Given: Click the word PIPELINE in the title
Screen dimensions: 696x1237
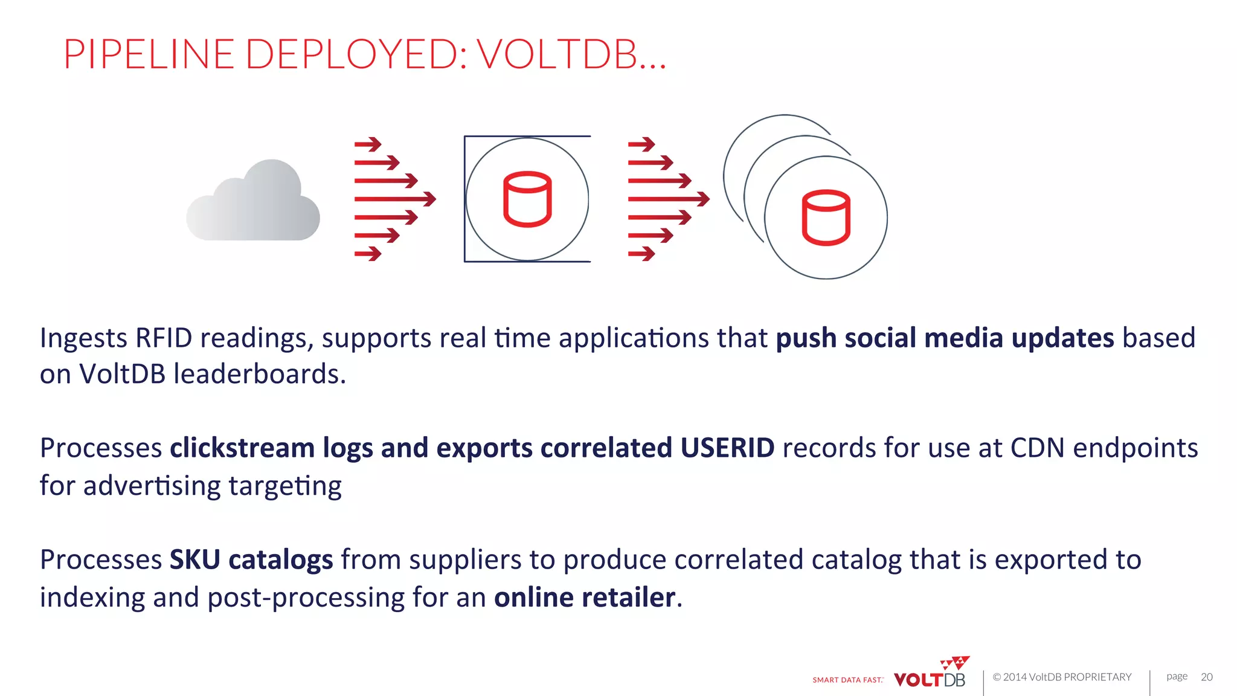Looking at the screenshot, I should pyautogui.click(x=149, y=54).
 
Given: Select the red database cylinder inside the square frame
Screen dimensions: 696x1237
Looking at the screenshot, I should pyautogui.click(x=527, y=199).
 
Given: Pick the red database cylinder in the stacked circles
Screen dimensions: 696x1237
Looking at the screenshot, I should pyautogui.click(x=826, y=217).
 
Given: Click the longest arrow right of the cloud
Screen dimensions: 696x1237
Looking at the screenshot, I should pyautogui.click(x=395, y=199).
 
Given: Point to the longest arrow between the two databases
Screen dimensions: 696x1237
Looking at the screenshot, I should pyautogui.click(x=669, y=199).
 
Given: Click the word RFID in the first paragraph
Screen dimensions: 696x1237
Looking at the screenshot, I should pyautogui.click(x=164, y=338).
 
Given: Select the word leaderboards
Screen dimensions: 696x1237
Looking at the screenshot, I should pyautogui.click(x=259, y=374).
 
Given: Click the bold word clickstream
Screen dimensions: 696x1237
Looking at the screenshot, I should pyautogui.click(x=242, y=448).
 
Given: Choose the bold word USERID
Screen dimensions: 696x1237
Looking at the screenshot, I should pyautogui.click(x=727, y=448).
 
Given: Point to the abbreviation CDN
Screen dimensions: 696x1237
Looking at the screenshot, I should pyautogui.click(x=1037, y=448).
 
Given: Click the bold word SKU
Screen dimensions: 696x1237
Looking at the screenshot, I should pyautogui.click(x=194, y=559).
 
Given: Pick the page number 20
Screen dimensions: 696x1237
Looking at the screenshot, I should pyautogui.click(x=1206, y=677).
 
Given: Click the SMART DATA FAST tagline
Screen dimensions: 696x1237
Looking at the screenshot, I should pyautogui.click(x=847, y=680).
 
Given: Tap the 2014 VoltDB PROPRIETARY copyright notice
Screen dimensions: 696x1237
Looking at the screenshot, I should pyautogui.click(x=1062, y=677).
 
